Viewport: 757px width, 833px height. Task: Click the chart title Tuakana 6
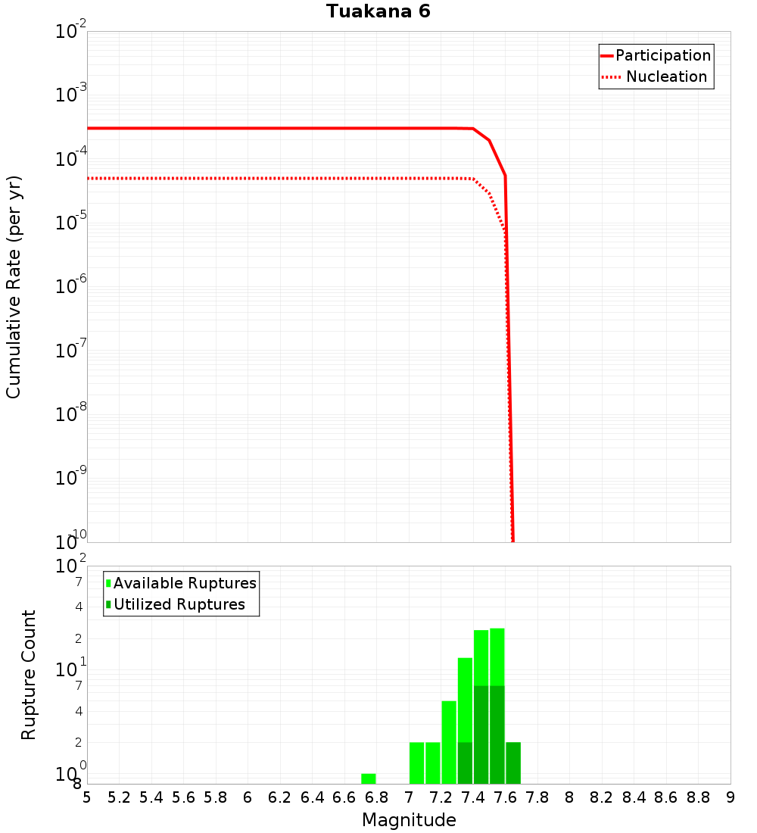[378, 11]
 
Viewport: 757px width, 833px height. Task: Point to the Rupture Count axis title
[29, 675]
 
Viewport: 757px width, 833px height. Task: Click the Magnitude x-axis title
[409, 820]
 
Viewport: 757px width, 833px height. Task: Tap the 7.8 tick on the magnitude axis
[537, 797]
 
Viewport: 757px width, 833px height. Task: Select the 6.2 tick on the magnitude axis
[280, 797]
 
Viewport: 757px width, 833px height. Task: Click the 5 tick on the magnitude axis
[87, 797]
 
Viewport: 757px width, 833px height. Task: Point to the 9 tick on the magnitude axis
[731, 797]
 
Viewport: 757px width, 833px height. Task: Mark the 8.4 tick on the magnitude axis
[634, 797]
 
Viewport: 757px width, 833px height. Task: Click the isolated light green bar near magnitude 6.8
[369, 778]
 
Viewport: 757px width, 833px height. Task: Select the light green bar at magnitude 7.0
[416, 763]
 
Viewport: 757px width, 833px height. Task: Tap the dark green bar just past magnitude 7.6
[513, 763]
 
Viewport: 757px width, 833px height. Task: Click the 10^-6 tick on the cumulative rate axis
[70, 286]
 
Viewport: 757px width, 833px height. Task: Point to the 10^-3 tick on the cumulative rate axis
[70, 95]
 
